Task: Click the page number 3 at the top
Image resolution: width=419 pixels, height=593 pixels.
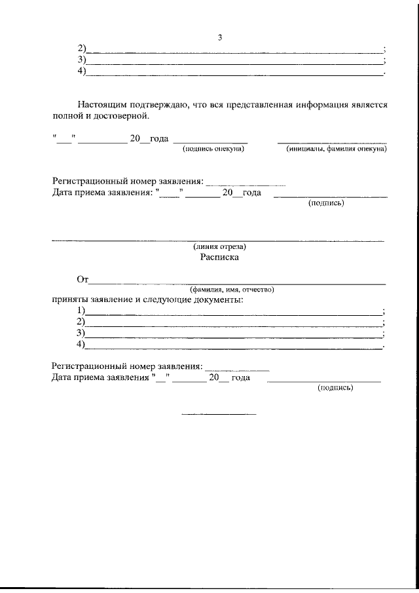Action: tap(221, 37)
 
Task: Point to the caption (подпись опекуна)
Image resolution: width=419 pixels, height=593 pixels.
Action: tap(213, 150)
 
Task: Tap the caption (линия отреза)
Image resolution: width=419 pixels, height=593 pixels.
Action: tap(219, 247)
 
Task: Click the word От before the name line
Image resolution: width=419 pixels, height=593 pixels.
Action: tap(82, 280)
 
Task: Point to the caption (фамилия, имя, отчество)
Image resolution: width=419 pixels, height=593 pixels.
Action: tap(232, 289)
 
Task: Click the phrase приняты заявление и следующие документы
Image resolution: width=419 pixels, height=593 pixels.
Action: tap(147, 299)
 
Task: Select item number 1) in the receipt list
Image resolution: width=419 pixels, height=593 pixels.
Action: tap(81, 311)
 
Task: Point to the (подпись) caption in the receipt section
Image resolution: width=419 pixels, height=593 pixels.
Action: tap(335, 388)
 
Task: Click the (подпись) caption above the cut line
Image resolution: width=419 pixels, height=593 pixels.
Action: tap(326, 203)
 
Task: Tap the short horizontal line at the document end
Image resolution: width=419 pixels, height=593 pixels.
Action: tap(219, 414)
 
